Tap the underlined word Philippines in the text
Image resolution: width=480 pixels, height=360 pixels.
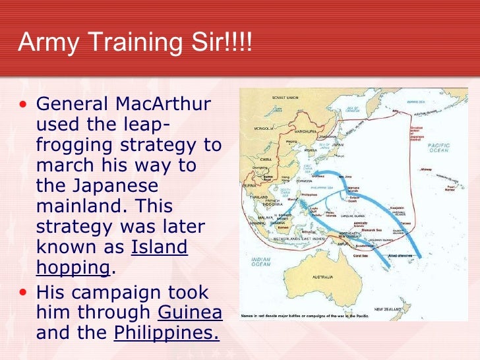pyautogui.click(x=166, y=333)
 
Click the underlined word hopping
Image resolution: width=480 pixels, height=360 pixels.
pyautogui.click(x=73, y=266)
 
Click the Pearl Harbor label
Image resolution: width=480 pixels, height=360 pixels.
pyautogui.click(x=450, y=188)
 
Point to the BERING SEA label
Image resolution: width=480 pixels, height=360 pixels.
pyautogui.click(x=416, y=104)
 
